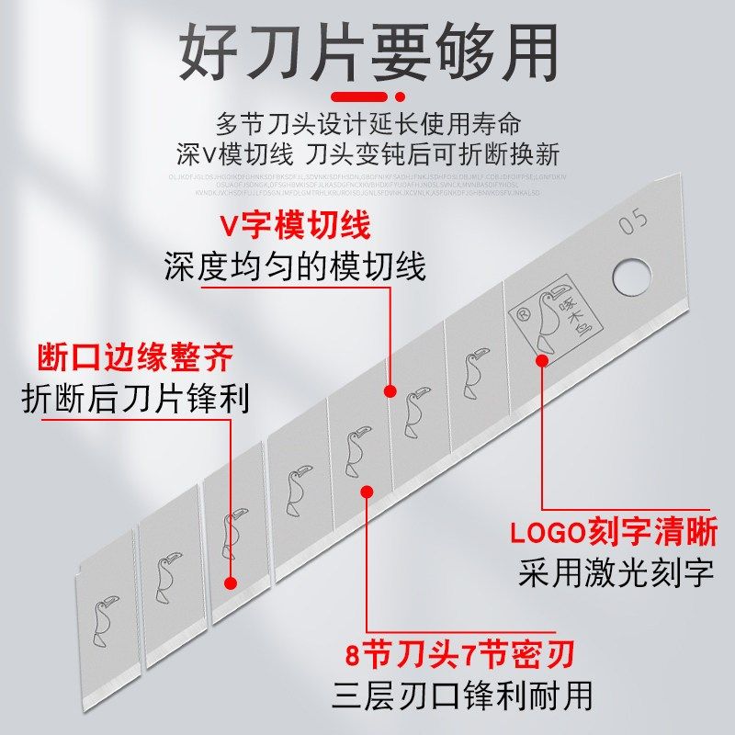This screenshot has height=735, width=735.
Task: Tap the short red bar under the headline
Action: [x=367, y=95]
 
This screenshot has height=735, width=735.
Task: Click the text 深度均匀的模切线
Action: [x=295, y=267]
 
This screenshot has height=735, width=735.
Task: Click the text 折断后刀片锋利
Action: [x=134, y=398]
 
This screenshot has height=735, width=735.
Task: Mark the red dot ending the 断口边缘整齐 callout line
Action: [x=230, y=582]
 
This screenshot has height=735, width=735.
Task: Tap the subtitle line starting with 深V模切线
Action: [x=367, y=152]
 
